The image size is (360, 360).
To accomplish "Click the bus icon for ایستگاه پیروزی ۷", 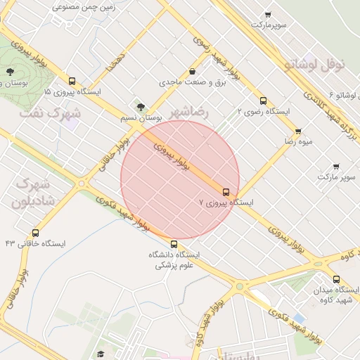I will pyautogui.click(x=226, y=191).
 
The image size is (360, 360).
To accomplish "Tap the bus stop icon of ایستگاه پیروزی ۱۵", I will pyautogui.click(x=72, y=81).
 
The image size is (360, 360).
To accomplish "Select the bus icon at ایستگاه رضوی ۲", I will pyautogui.click(x=263, y=101).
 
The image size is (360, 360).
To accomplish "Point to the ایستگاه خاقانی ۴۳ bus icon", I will pyautogui.click(x=36, y=233).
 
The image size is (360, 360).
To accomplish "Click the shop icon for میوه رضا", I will pyautogui.click(x=298, y=131).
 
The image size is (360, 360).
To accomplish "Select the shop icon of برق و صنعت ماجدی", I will pyautogui.click(x=192, y=72).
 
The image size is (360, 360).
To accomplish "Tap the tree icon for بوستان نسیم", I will pyautogui.click(x=141, y=108).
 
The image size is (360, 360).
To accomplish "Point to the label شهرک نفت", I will pyautogui.click(x=50, y=112).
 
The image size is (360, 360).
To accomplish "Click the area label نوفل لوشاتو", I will pyautogui.click(x=315, y=65).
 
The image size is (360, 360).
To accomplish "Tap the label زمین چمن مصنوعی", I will pyautogui.click(x=84, y=6).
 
